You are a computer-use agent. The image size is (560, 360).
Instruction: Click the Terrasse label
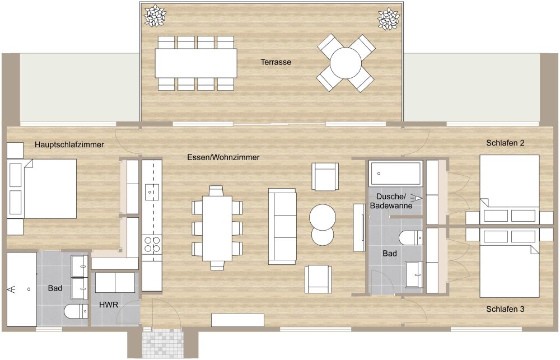coord(276,62)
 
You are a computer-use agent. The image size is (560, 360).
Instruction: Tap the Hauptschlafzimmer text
coord(69,145)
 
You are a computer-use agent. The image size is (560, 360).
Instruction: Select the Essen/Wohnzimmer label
coord(223,158)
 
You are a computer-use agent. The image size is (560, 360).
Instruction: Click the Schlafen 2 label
coord(505,143)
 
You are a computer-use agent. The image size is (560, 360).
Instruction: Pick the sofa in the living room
coord(282,226)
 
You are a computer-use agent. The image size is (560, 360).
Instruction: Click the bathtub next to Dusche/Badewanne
coord(395,173)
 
